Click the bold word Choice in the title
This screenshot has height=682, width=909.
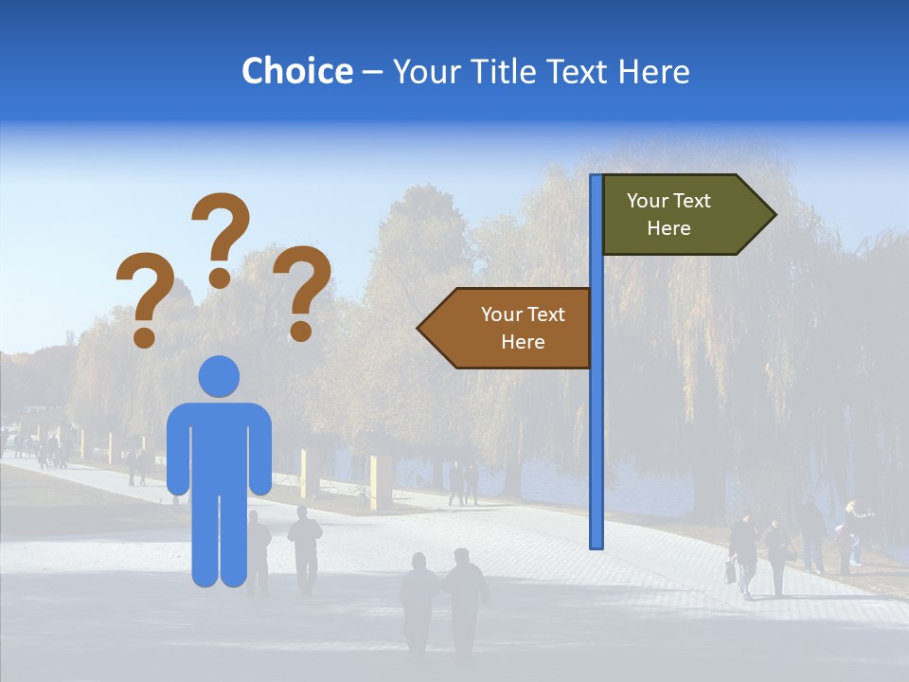tap(296, 71)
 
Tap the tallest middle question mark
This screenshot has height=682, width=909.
tap(221, 232)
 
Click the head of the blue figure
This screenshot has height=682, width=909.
tap(219, 377)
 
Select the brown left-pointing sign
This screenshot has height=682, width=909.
tap(511, 328)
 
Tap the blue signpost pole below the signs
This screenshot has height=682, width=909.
tap(596, 455)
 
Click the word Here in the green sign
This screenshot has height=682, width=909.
tap(668, 228)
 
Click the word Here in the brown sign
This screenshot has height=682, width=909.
tap(523, 342)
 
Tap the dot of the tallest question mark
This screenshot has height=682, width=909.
tap(220, 278)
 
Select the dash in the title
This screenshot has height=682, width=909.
tap(372, 73)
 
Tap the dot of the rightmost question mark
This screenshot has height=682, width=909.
tap(301, 331)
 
